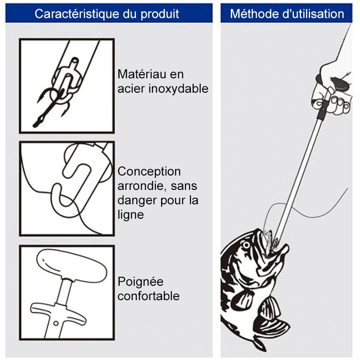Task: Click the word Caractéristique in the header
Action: pos(77,14)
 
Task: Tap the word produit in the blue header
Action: pos(160,14)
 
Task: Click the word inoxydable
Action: pos(178,89)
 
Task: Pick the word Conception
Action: pos(149,171)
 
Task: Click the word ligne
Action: pos(130,215)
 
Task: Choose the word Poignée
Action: pos(140,282)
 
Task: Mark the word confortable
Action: pos(148,296)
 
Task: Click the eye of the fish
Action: pos(246,245)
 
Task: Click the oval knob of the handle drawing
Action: pos(72,266)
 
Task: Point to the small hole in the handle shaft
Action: pos(55,323)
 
